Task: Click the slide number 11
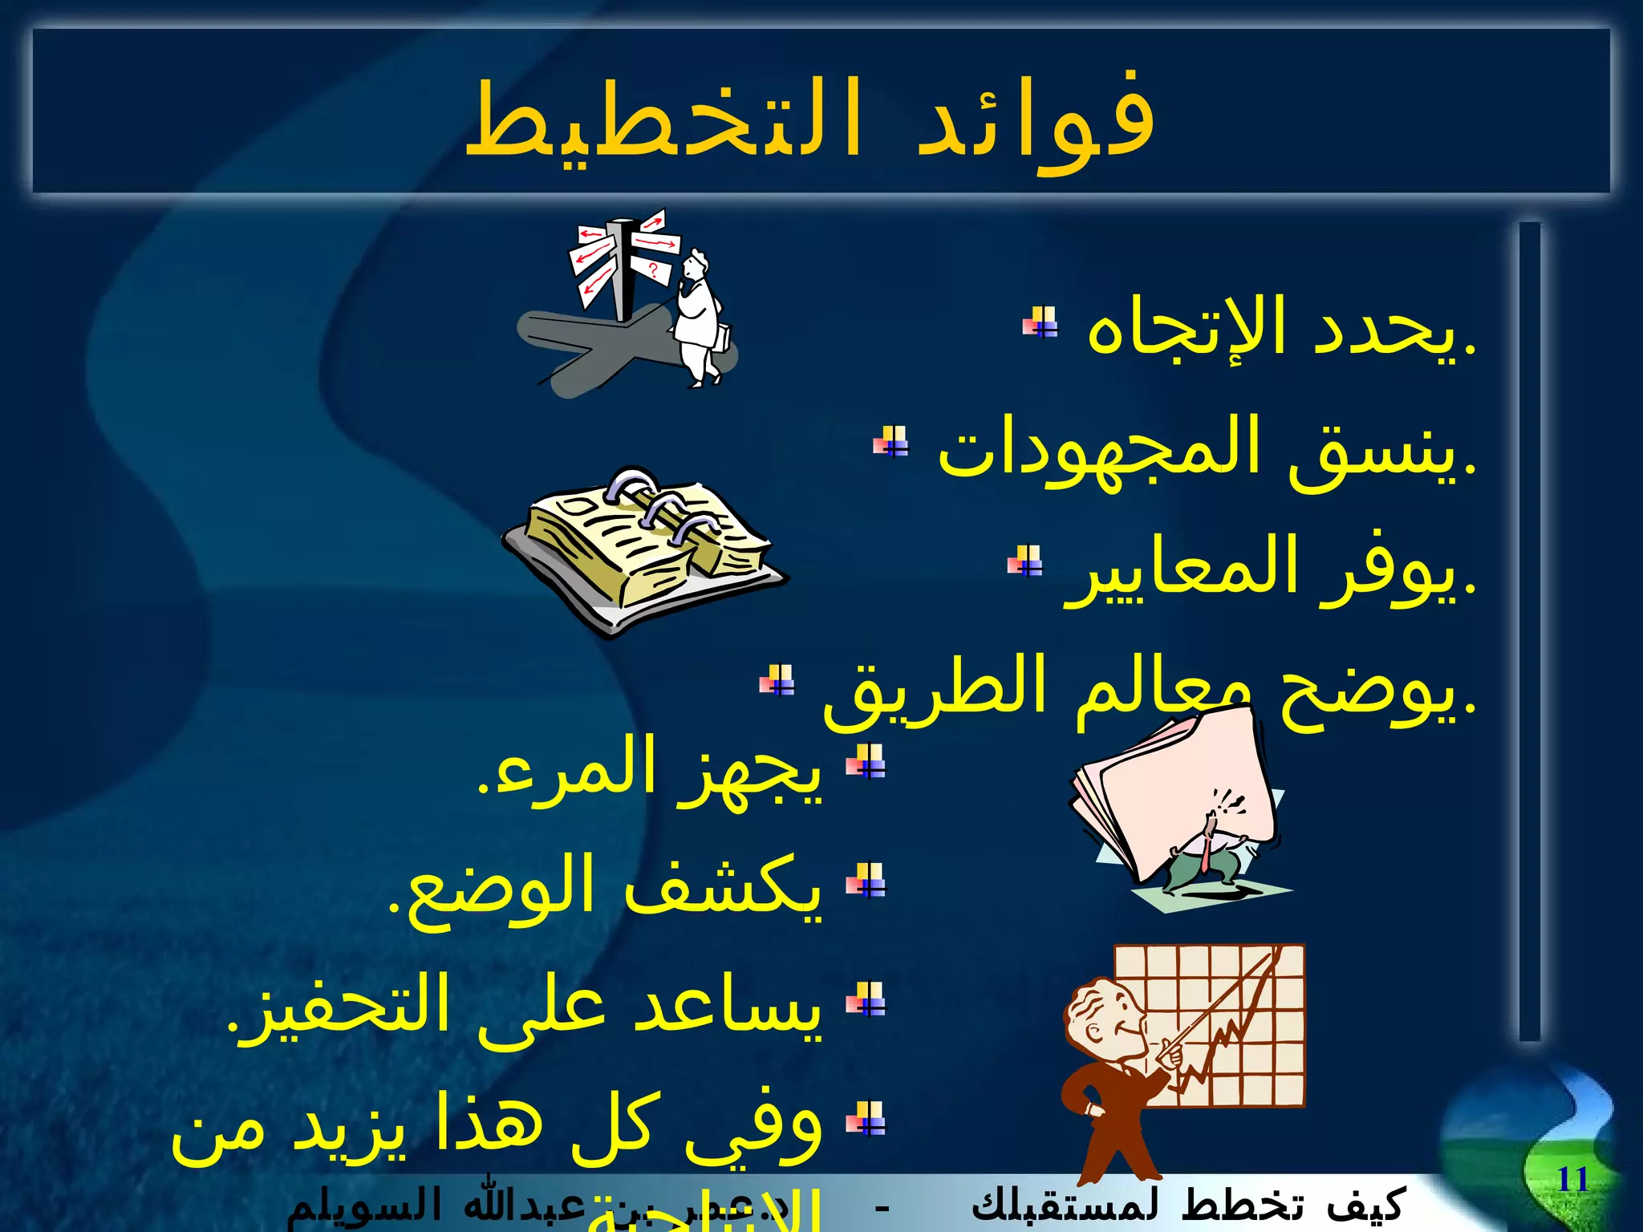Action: pyautogui.click(x=1572, y=1180)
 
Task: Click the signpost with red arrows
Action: pyautogui.click(x=622, y=261)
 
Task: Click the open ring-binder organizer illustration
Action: pyautogui.click(x=642, y=545)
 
